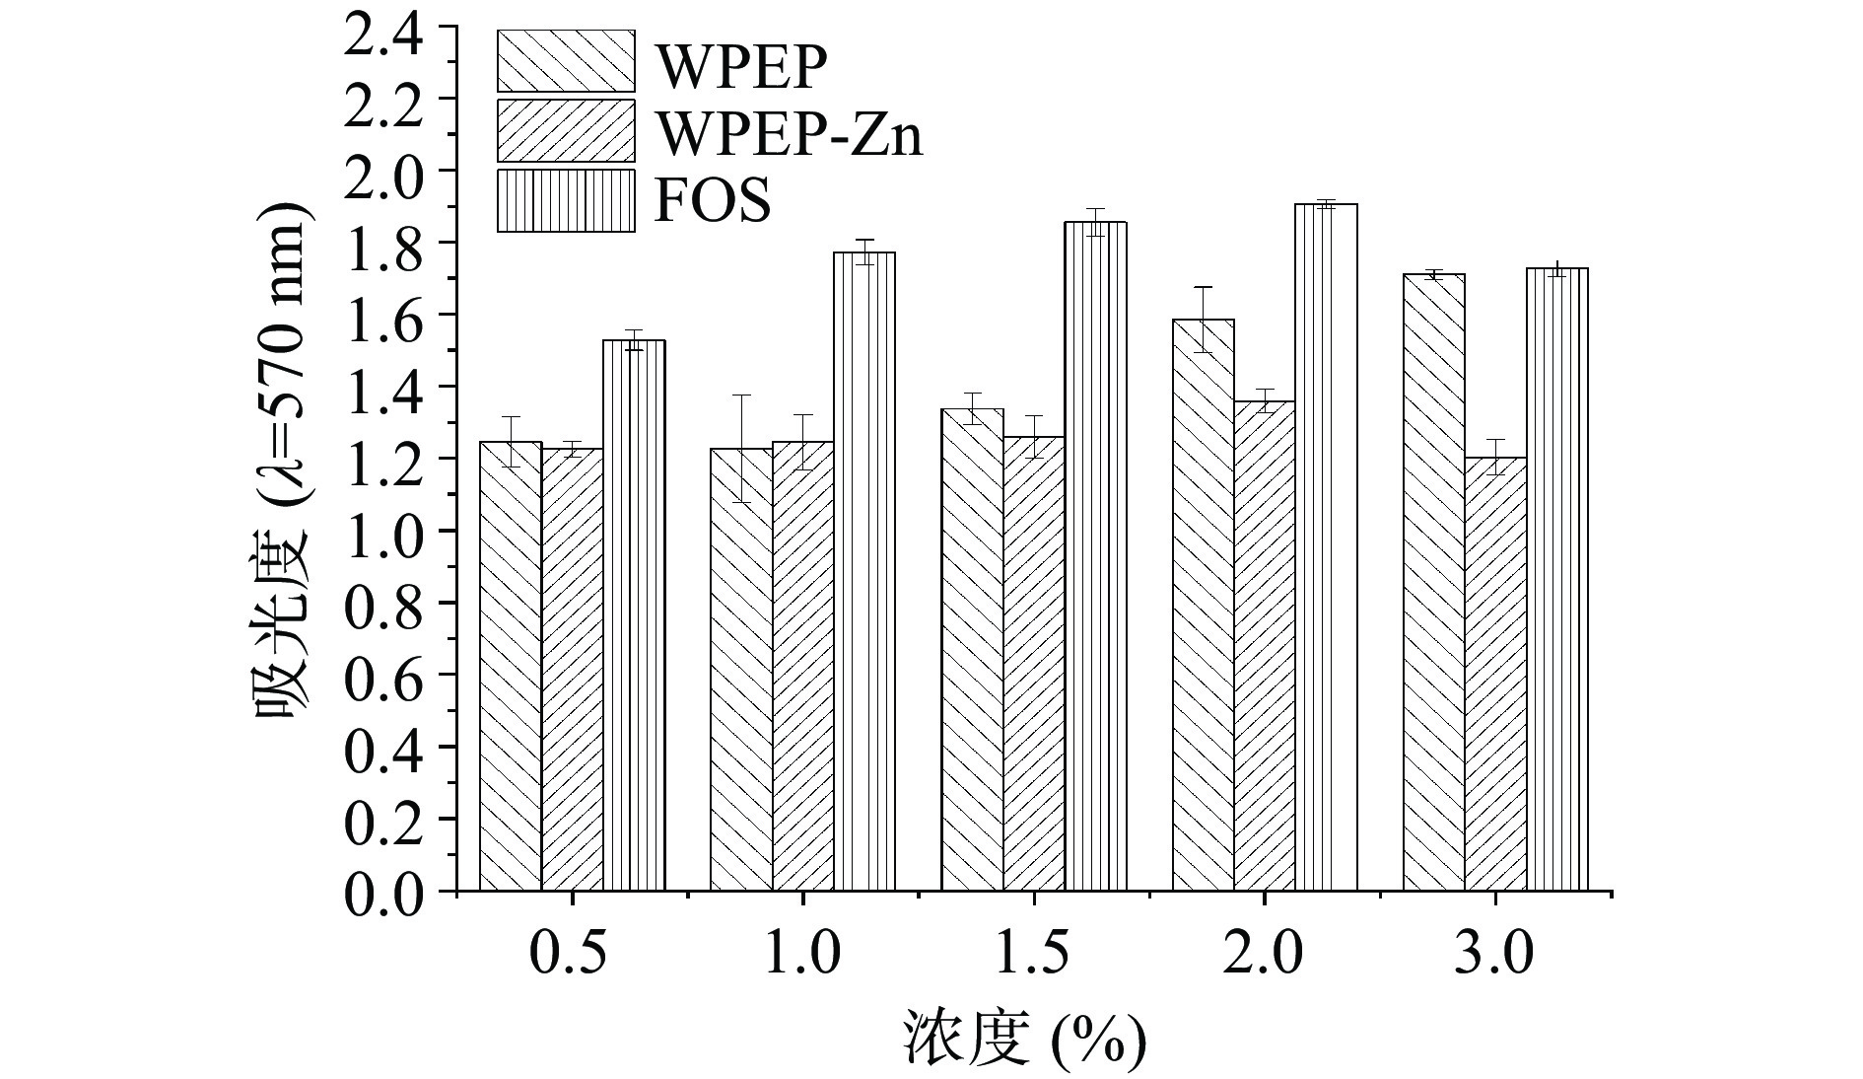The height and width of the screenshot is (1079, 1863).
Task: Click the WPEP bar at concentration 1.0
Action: click(741, 670)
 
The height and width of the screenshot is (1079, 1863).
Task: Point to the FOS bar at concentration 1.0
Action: click(864, 572)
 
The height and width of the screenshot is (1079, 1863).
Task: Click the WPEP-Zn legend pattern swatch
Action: click(566, 130)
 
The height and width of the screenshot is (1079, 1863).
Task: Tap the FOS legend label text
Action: click(713, 201)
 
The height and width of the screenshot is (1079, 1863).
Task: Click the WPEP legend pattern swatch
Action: click(566, 60)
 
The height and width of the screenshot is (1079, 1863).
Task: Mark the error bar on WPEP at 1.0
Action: click(741, 449)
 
